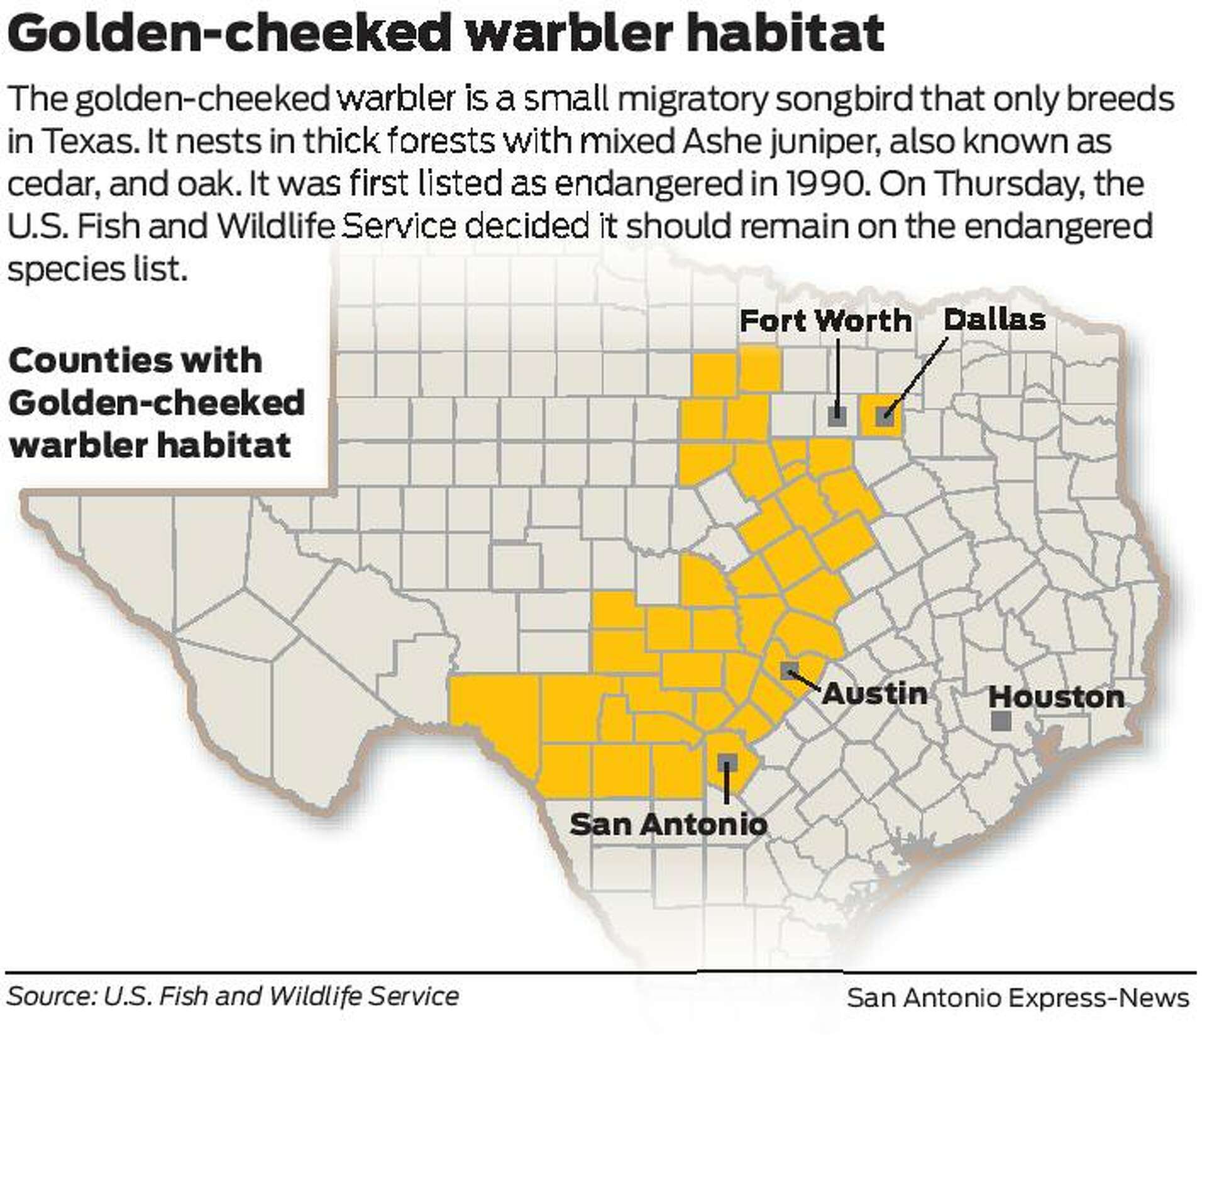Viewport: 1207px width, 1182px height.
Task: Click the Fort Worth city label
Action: [825, 321]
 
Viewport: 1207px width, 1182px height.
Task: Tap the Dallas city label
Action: [995, 320]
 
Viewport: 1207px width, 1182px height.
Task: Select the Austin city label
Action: [874, 694]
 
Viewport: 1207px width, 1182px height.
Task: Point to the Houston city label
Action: [1056, 697]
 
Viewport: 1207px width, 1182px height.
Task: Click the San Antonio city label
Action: [668, 825]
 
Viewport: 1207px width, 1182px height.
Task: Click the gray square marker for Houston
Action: [1001, 721]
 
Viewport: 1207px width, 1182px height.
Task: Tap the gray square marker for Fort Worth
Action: [837, 415]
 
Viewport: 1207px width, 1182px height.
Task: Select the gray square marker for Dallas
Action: [885, 415]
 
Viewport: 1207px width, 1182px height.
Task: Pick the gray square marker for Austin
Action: [790, 671]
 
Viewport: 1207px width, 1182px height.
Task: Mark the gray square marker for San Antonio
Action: [727, 762]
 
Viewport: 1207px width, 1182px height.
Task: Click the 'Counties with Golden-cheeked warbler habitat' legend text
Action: [156, 403]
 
